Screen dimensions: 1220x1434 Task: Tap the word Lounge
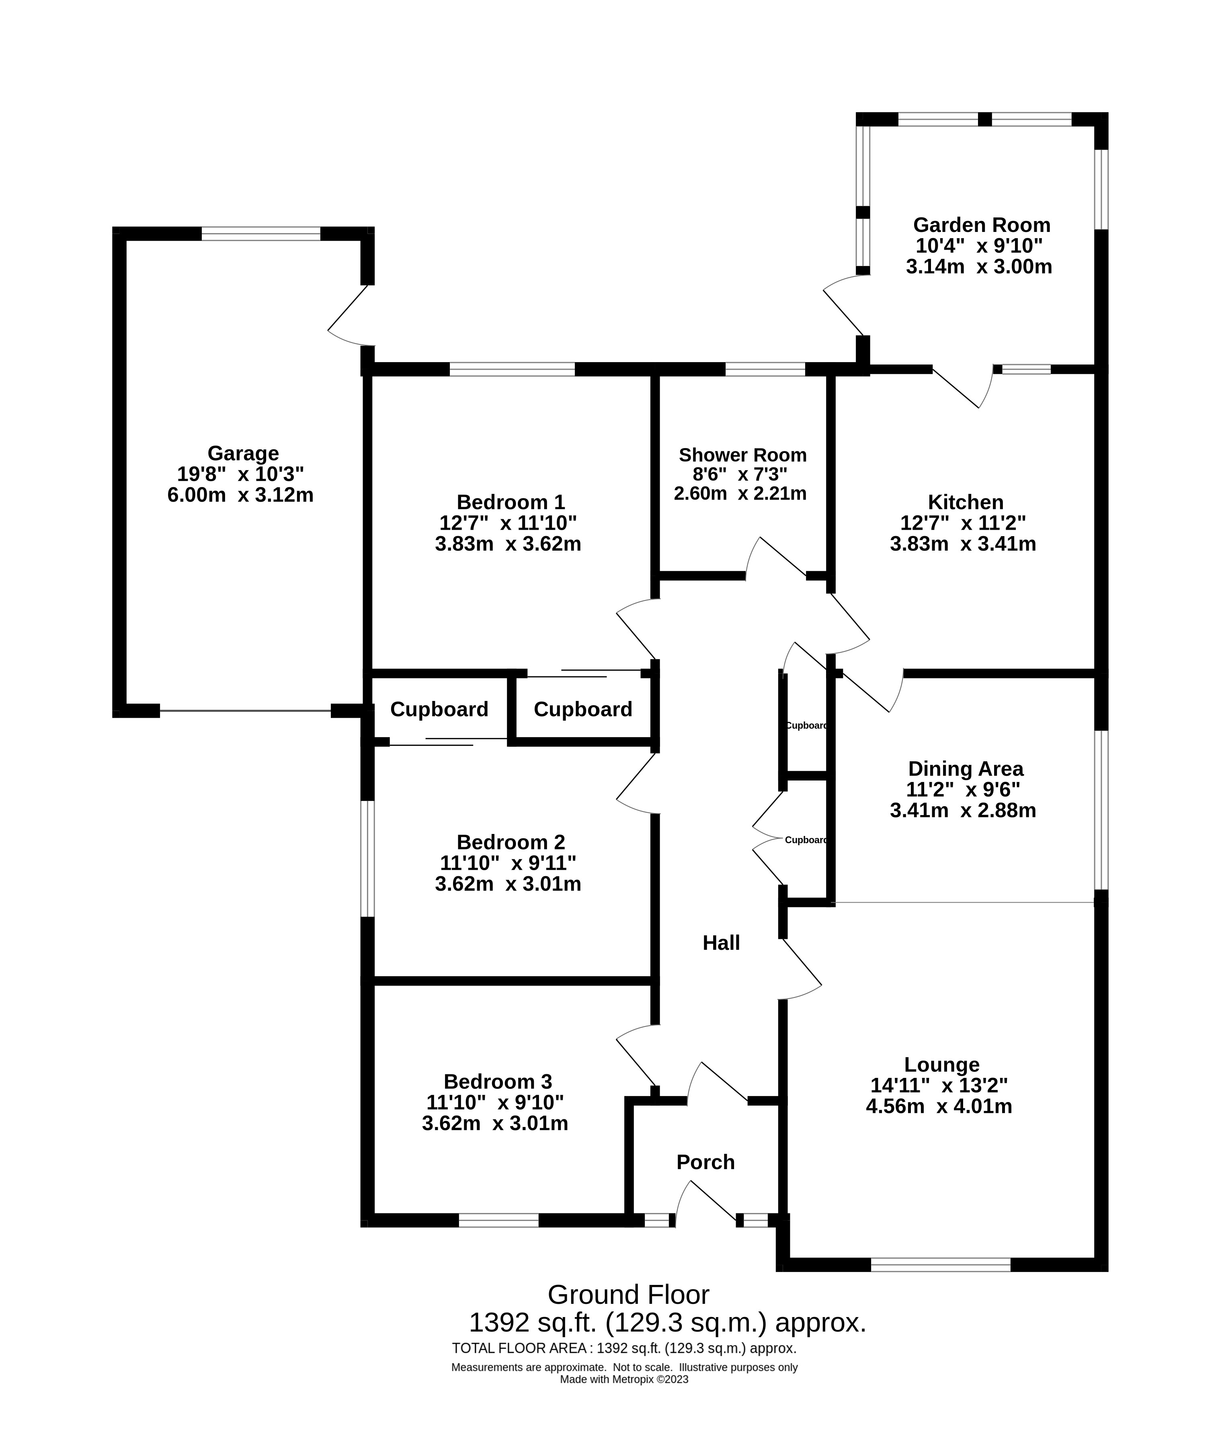(941, 1064)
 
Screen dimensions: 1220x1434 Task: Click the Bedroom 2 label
(511, 842)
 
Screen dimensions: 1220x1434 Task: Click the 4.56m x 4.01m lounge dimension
(939, 1106)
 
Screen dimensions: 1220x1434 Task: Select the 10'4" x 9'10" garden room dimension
(979, 246)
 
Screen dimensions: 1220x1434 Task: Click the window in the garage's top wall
(261, 233)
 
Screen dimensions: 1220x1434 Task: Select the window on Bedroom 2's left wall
(367, 859)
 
